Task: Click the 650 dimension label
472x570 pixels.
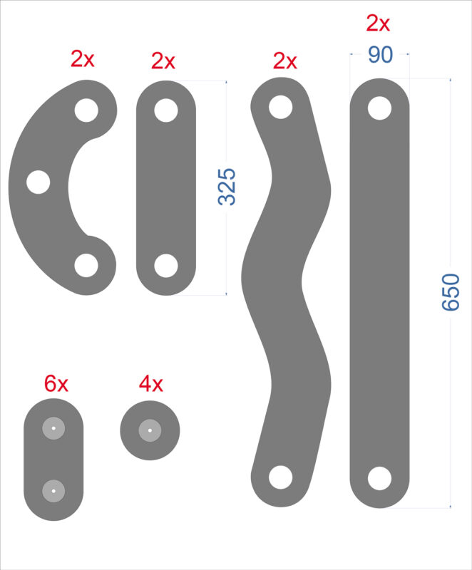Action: [451, 292]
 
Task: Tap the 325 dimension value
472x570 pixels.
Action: [227, 187]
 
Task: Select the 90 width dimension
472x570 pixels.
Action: [380, 55]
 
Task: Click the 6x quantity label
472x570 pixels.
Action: [56, 383]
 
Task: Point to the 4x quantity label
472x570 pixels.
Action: [151, 383]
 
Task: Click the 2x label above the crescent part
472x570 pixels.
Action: [83, 58]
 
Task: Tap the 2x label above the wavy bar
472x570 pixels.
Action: [284, 61]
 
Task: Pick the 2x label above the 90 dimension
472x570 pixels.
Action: [378, 24]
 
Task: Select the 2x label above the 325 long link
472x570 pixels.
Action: [163, 61]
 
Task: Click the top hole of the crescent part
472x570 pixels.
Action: [86, 110]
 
